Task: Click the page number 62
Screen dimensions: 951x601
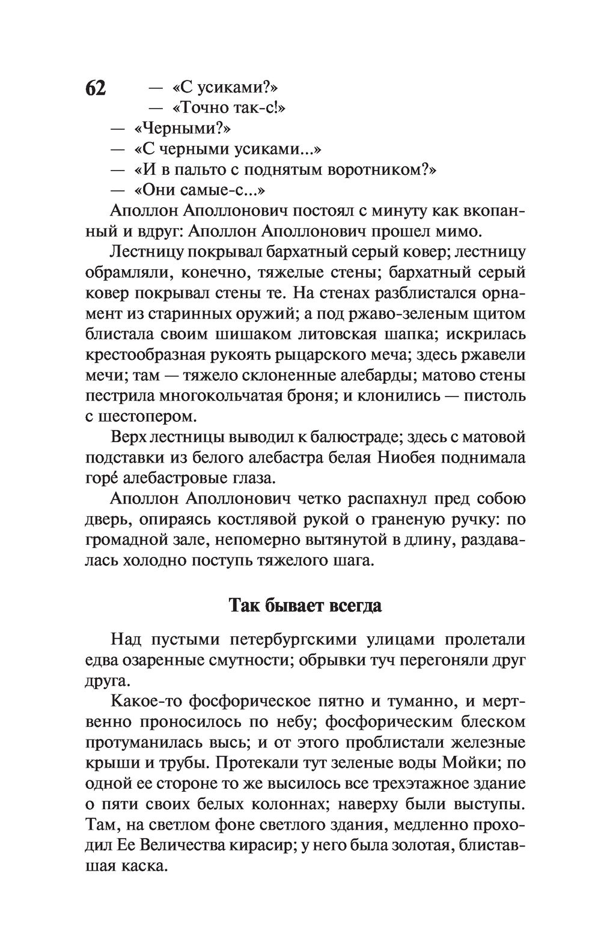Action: coord(96,88)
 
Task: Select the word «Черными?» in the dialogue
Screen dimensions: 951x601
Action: coord(183,129)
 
